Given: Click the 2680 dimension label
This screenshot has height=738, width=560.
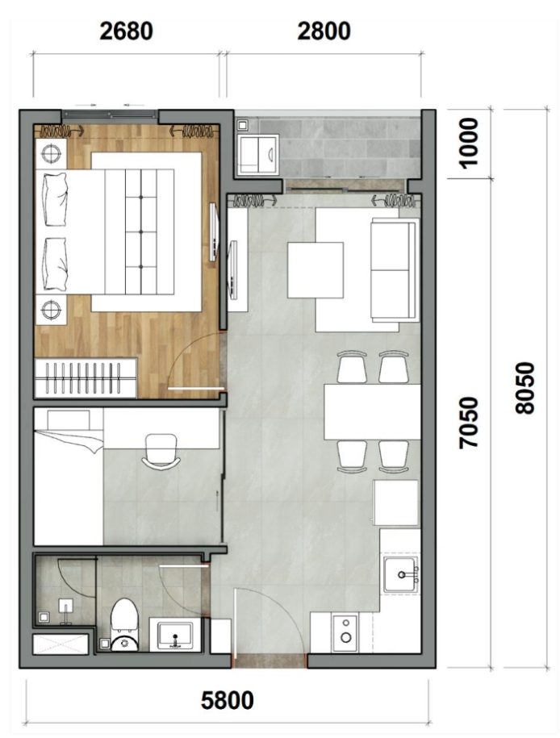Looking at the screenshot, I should pos(125,31).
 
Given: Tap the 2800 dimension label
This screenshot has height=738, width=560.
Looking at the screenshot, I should pos(324,31).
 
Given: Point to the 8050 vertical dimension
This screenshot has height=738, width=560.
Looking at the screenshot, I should pos(525,387).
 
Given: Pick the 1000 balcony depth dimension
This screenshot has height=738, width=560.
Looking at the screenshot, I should pos(467,142).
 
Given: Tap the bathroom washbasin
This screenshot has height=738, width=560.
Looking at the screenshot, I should pos(173,634).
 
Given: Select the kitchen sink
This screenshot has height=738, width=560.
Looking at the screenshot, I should pos(400,574).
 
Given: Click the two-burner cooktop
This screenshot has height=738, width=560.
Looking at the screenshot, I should pos(346,631).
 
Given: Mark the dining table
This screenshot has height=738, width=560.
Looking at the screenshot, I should pos(372,412).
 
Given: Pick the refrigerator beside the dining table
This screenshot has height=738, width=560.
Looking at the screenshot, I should pos(396,503).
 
